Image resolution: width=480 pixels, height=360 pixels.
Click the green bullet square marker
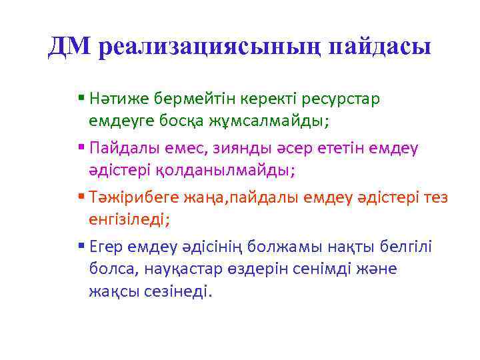click(x=81, y=97)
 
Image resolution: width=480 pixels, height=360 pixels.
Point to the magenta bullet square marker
click(x=81, y=146)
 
